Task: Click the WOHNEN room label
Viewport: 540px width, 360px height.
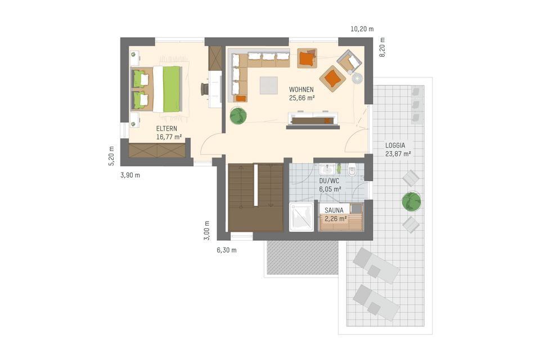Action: tap(301, 89)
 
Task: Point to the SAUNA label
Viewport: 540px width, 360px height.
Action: tap(335, 210)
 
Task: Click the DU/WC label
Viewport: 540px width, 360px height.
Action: tap(330, 181)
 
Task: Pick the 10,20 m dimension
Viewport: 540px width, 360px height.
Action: tap(362, 29)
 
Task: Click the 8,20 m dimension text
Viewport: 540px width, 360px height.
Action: tap(381, 48)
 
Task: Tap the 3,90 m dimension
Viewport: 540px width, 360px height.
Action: tap(130, 175)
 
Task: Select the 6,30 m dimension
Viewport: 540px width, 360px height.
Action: tap(227, 250)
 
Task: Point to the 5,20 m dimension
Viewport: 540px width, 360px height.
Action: tap(111, 156)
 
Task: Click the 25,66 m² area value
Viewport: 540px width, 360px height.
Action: tap(301, 98)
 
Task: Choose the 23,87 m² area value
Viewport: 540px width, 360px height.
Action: tap(398, 153)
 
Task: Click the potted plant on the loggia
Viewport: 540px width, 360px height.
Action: tap(411, 200)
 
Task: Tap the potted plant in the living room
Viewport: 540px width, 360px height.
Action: tap(238, 116)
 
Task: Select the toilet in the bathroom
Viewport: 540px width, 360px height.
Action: tap(352, 170)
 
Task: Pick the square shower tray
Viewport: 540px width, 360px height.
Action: tap(301, 218)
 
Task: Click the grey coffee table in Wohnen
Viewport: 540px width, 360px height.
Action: tap(268, 85)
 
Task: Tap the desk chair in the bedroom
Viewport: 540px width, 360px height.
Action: tap(204, 89)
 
